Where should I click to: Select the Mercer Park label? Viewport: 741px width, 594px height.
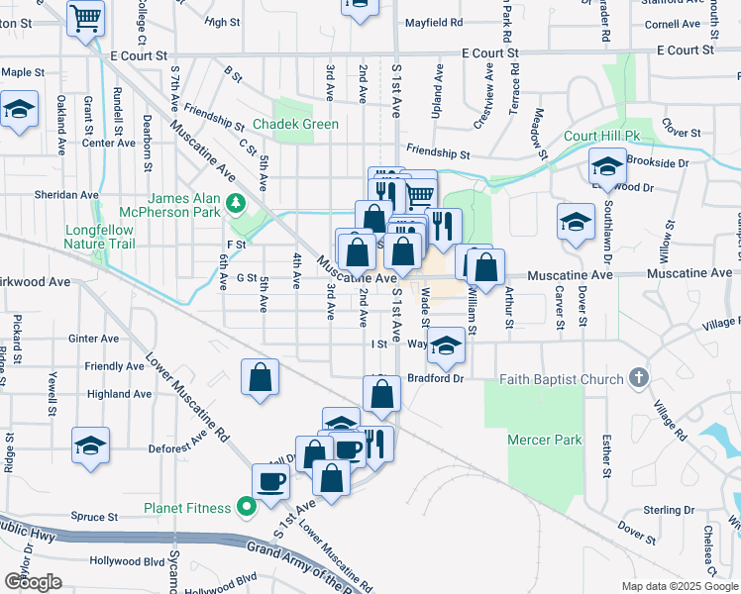point(544,440)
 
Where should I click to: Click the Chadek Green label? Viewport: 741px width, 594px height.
point(295,124)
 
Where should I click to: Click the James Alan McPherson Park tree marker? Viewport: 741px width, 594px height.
point(235,204)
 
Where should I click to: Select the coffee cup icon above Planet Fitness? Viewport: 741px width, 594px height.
point(271,482)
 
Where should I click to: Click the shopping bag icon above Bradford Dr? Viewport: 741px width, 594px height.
point(382,394)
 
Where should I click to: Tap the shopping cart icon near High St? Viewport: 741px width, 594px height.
point(86,17)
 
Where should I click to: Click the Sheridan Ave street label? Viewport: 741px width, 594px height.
point(62,195)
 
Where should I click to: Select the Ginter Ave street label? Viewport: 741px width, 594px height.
point(94,339)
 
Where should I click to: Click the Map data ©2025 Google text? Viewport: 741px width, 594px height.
point(680,586)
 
